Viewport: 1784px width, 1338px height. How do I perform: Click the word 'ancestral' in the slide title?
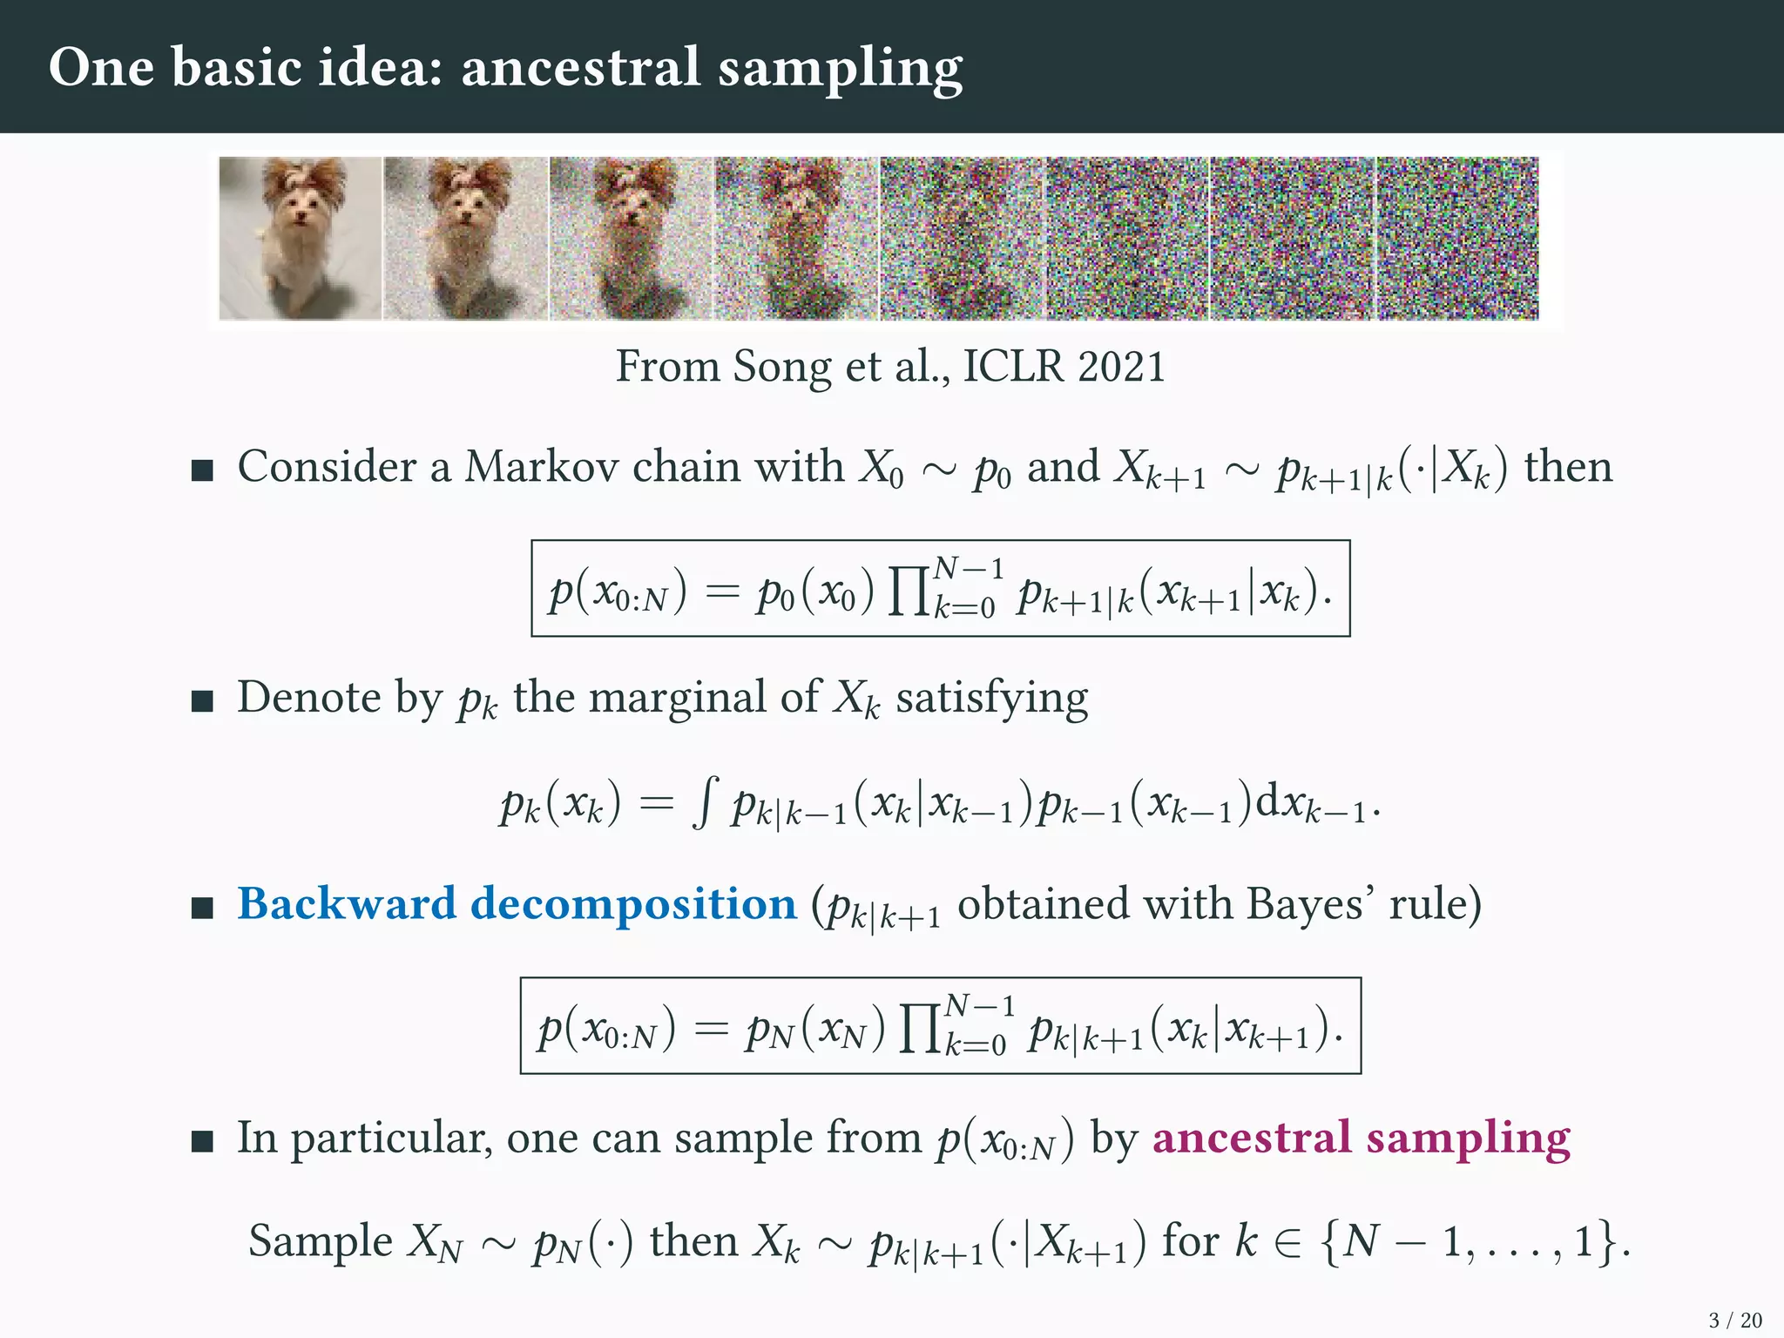pyautogui.click(x=580, y=67)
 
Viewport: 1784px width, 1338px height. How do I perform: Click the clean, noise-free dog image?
pyautogui.click(x=300, y=239)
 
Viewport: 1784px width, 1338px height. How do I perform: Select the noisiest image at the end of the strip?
pyautogui.click(x=1457, y=239)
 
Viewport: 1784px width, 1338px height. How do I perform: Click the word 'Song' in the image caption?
pyautogui.click(x=780, y=368)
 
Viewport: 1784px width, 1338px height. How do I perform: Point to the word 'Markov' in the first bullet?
pyautogui.click(x=542, y=467)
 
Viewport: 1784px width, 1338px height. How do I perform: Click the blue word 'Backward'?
pyautogui.click(x=347, y=903)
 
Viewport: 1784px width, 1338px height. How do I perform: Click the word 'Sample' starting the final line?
pyautogui.click(x=320, y=1242)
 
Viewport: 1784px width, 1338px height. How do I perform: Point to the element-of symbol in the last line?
pyautogui.click(x=1293, y=1241)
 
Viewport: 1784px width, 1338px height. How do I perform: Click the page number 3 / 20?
pyautogui.click(x=1735, y=1321)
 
